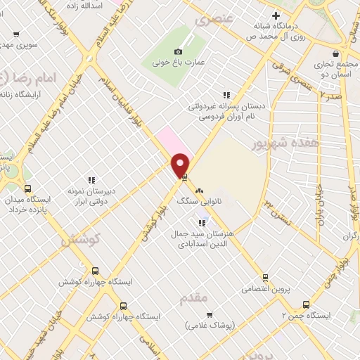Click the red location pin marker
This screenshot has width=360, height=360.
click(x=181, y=164)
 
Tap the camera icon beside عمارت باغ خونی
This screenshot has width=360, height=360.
click(x=178, y=51)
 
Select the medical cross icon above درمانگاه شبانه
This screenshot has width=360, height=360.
click(x=276, y=16)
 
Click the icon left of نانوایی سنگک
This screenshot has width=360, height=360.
click(x=199, y=190)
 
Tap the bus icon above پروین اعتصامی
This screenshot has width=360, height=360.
click(x=265, y=278)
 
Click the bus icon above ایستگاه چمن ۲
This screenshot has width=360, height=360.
click(x=306, y=304)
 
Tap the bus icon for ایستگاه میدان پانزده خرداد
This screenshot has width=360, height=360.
click(x=27, y=188)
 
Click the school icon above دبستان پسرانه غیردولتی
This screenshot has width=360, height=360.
click(x=226, y=94)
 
